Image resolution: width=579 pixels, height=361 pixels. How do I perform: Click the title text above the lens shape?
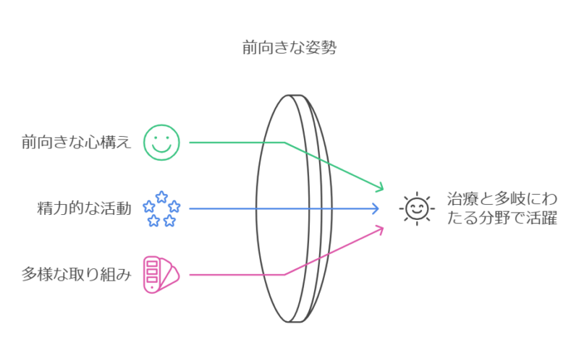(x=289, y=49)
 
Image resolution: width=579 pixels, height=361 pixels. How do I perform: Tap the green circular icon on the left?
(x=156, y=140)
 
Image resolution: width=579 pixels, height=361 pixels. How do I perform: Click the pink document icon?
(x=156, y=277)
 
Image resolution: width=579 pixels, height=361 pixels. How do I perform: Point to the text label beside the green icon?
(x=76, y=142)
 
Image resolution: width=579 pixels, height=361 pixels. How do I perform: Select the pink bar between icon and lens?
(x=217, y=278)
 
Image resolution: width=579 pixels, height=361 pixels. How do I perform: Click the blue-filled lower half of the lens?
(x=282, y=239)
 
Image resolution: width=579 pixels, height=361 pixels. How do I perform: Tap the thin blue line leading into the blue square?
(x=347, y=208)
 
